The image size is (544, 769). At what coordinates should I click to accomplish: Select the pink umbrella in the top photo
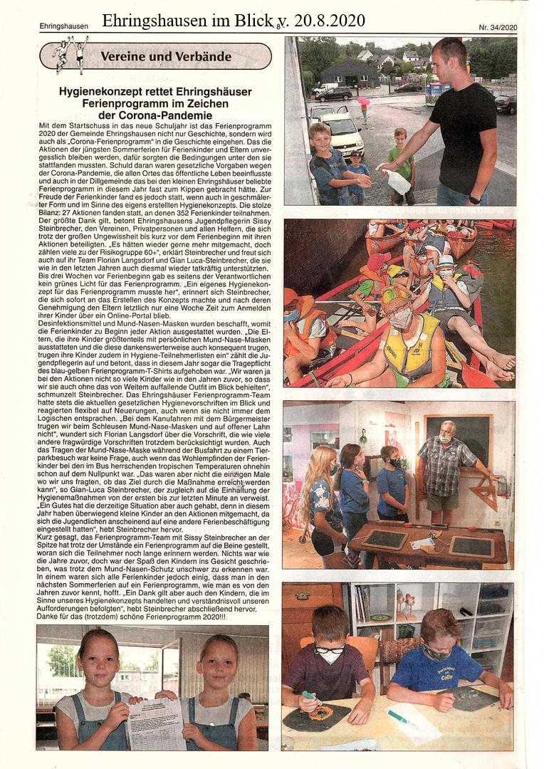pos(364,102)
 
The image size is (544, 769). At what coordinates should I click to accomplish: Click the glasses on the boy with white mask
pos(328,649)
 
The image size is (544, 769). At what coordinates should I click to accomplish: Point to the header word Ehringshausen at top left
pos(64,27)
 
